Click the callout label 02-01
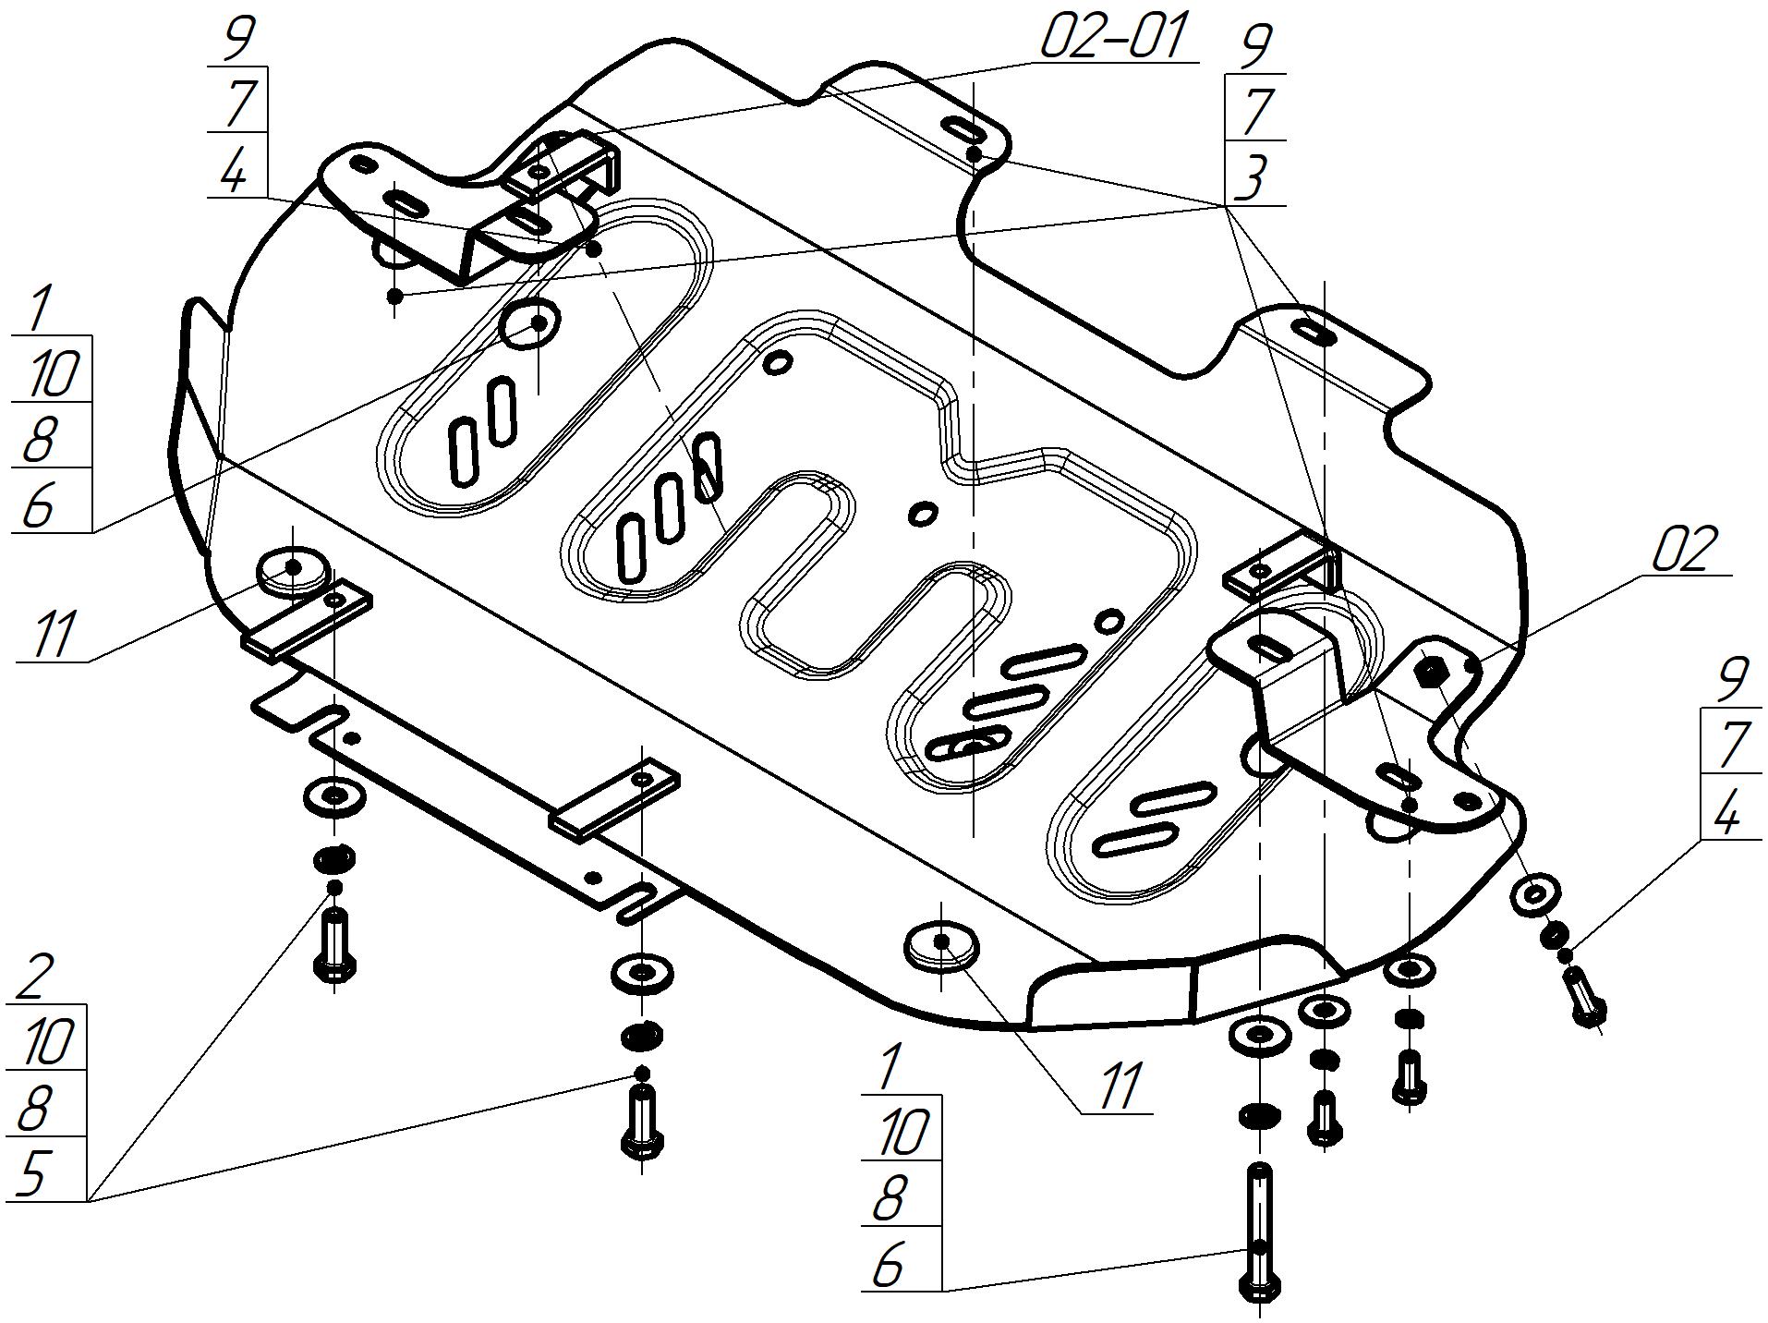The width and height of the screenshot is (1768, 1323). [1112, 37]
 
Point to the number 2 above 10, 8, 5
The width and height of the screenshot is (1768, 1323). [36, 977]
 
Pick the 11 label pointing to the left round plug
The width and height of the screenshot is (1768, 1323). [53, 636]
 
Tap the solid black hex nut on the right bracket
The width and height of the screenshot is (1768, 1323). [1431, 671]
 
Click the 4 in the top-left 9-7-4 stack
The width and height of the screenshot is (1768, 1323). [236, 168]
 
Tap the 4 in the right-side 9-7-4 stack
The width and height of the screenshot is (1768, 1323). [1725, 813]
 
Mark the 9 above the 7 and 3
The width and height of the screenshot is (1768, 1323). [1253, 46]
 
